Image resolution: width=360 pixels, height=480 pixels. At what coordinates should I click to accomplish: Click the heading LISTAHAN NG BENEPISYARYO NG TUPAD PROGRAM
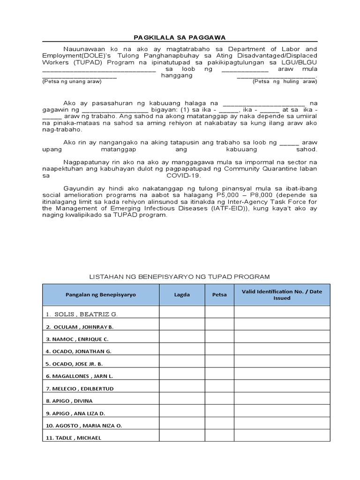(180, 277)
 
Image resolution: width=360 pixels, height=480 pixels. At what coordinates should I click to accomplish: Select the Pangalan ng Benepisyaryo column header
(100, 295)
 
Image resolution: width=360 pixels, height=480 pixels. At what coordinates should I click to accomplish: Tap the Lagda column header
(182, 295)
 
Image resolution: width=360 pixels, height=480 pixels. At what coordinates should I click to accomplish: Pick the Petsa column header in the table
(219, 295)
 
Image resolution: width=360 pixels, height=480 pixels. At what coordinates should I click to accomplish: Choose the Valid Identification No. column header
(282, 295)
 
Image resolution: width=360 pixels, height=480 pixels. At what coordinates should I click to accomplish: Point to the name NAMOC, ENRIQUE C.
(77, 339)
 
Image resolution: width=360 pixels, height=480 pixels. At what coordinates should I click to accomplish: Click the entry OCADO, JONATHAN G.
(79, 351)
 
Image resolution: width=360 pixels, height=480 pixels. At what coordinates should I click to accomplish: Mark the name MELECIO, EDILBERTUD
(80, 389)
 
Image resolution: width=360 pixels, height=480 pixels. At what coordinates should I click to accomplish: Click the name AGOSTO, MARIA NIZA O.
(84, 426)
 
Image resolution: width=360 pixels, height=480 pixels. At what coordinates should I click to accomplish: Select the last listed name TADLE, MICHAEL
(74, 438)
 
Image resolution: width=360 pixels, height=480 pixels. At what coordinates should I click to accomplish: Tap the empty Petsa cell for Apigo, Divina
(219, 401)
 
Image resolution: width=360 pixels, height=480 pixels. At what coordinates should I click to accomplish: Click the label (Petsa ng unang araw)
(72, 82)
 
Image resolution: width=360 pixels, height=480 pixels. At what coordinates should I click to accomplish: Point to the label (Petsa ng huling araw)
(285, 82)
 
